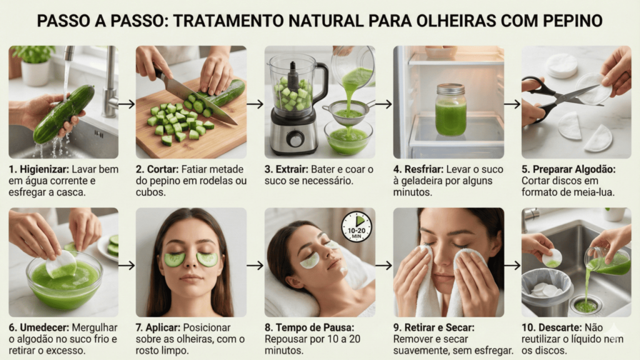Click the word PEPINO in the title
(x=573, y=21)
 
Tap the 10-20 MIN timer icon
(x=356, y=226)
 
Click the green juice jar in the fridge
(x=451, y=110)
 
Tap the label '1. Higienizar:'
(x=39, y=169)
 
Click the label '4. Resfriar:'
(x=418, y=169)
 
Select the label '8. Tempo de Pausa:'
(x=309, y=327)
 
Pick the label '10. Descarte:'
(x=551, y=327)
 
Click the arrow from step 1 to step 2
(x=127, y=104)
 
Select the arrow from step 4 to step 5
(x=512, y=104)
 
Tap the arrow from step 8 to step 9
(x=384, y=266)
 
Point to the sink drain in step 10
(x=586, y=305)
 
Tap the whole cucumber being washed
(x=64, y=114)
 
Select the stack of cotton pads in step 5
(x=562, y=65)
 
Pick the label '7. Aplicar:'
(x=158, y=327)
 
